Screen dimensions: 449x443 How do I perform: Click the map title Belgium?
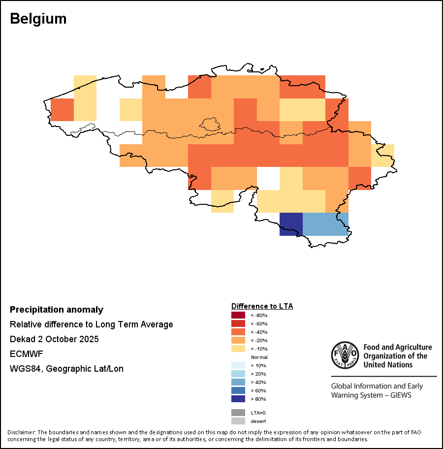tap(38, 19)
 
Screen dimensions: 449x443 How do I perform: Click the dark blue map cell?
tap(290, 224)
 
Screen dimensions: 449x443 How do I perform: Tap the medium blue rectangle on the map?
tap(325, 224)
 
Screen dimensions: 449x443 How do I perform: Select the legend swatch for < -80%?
tap(238, 315)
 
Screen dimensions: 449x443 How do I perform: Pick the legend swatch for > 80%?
tap(238, 399)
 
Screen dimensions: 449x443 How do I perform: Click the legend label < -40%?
tap(259, 332)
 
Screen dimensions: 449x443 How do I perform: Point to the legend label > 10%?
tap(259, 365)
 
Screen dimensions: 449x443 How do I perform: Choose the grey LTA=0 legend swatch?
tap(238, 413)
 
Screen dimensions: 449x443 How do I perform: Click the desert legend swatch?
tap(238, 421)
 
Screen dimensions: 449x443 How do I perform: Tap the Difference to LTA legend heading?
tap(262, 306)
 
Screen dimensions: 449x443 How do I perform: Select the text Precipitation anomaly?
tap(57, 310)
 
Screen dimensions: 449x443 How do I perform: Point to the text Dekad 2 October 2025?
tap(54, 339)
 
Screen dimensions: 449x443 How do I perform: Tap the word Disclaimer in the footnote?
tap(21, 432)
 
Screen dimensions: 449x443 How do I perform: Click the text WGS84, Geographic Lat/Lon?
tap(66, 369)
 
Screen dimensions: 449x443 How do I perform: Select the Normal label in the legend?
tap(259, 357)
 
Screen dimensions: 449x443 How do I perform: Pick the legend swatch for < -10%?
tap(238, 349)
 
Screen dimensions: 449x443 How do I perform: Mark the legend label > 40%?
tap(259, 382)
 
